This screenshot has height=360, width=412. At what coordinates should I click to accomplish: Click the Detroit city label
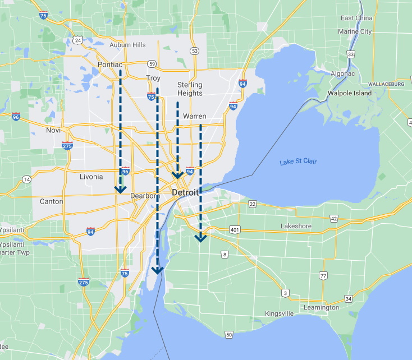point(185,192)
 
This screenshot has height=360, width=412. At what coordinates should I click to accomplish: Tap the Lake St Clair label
point(299,161)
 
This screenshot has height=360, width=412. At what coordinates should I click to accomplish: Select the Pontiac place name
point(110,65)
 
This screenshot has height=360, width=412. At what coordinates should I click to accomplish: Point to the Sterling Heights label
point(190,89)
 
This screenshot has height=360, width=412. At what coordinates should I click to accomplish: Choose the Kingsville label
point(280,313)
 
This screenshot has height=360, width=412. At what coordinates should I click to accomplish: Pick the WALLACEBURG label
point(386,84)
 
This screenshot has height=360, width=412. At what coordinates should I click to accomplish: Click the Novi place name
point(54,130)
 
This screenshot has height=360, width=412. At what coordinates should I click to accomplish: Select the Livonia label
point(91,177)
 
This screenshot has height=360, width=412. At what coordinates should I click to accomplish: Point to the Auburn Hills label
point(127,45)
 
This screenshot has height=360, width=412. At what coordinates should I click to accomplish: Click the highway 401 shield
point(235,230)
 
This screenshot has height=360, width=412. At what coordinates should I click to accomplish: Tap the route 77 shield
point(323,275)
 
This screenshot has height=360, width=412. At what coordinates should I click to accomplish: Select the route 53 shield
point(194,51)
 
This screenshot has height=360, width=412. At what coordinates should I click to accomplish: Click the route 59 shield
point(152,64)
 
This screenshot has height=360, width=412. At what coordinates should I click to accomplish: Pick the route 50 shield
point(228,335)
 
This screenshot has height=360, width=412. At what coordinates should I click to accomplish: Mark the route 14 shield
point(26,179)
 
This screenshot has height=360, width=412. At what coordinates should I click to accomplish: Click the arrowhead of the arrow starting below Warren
point(200,238)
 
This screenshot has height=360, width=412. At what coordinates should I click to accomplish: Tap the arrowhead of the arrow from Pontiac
point(120,190)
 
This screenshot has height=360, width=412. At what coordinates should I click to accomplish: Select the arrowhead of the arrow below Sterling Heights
point(177,175)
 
